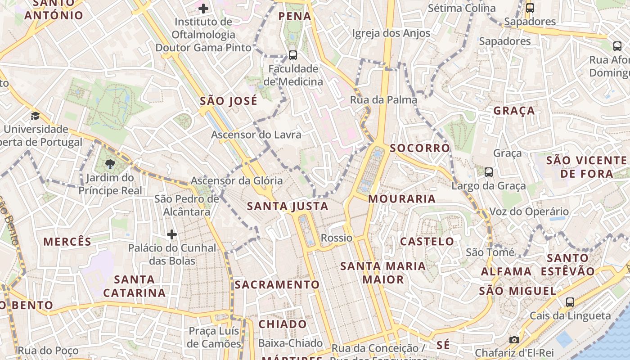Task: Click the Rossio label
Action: pyautogui.click(x=337, y=238)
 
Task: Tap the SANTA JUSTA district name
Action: pyautogui.click(x=288, y=207)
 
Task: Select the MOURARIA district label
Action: pyautogui.click(x=402, y=198)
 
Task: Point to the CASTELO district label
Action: pyautogui.click(x=427, y=241)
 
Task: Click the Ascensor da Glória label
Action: pyautogui.click(x=237, y=181)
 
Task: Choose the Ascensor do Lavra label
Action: pyautogui.click(x=256, y=135)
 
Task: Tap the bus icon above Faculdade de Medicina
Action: pyautogui.click(x=293, y=55)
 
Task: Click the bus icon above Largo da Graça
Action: pyautogui.click(x=489, y=172)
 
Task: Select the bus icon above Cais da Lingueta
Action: pyautogui.click(x=570, y=302)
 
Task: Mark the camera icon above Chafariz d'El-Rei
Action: pyautogui.click(x=514, y=340)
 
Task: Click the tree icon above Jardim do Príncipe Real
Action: pyautogui.click(x=110, y=163)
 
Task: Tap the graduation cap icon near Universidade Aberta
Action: pyautogui.click(x=35, y=116)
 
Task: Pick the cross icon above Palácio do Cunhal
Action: pyautogui.click(x=171, y=234)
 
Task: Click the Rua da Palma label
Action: pyautogui.click(x=383, y=99)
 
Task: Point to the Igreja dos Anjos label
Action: pyautogui.click(x=391, y=33)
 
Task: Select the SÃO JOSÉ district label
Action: pyautogui.click(x=229, y=101)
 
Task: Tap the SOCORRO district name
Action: pyautogui.click(x=420, y=148)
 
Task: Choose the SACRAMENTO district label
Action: pyautogui.click(x=277, y=284)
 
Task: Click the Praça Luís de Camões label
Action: pyautogui.click(x=214, y=337)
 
